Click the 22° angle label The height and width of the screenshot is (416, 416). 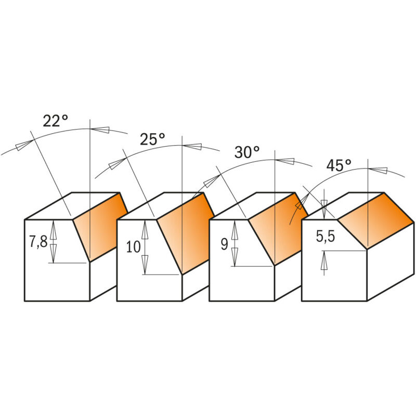click(x=56, y=121)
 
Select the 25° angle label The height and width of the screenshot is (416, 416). click(x=152, y=139)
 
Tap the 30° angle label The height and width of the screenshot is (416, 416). click(x=247, y=152)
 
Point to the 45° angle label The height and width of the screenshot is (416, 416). click(x=339, y=165)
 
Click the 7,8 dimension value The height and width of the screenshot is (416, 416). click(x=38, y=242)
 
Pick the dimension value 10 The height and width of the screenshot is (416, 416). click(x=133, y=246)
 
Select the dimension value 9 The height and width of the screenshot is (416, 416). click(x=225, y=244)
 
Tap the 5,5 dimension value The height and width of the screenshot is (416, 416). click(x=326, y=236)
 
